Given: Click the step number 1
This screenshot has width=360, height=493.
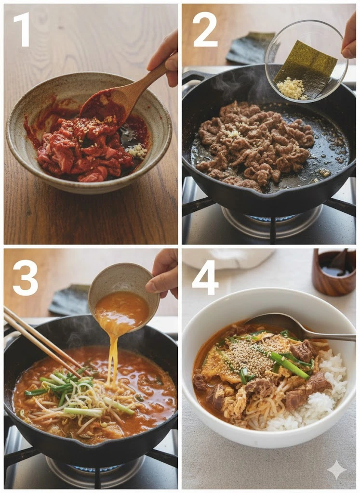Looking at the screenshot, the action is (x=22, y=29).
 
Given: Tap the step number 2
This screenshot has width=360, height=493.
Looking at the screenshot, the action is (x=205, y=29).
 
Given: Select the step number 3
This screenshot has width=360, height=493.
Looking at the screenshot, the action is (x=25, y=278).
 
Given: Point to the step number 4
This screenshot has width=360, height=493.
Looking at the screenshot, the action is (x=205, y=278).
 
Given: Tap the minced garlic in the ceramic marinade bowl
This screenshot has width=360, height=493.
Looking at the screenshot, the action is (x=137, y=151).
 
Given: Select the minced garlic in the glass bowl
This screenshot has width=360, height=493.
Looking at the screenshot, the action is (x=292, y=89).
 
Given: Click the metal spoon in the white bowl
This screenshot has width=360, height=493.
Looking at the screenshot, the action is (x=299, y=328).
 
